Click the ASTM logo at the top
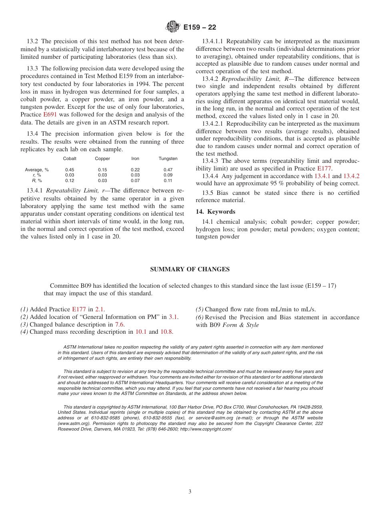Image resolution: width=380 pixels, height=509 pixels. [x=173, y=27]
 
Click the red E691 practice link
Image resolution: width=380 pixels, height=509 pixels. [x=50, y=115]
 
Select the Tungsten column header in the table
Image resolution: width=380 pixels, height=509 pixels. [x=168, y=159]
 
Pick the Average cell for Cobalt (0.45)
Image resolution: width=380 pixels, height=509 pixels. [x=70, y=170]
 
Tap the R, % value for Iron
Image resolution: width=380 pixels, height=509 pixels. [x=135, y=180]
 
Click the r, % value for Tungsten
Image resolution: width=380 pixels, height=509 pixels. [x=168, y=175]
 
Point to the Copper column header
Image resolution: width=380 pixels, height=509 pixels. [x=102, y=159]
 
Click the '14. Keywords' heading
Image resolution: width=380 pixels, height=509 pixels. [x=216, y=212]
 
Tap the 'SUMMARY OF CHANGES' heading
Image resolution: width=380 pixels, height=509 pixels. [x=190, y=269]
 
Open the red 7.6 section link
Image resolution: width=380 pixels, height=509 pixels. [x=119, y=325]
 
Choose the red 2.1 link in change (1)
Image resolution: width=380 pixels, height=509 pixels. [x=99, y=309]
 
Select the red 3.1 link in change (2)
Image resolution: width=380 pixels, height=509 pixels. [x=173, y=317]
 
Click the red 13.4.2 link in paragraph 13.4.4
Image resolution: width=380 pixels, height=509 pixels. [x=351, y=176]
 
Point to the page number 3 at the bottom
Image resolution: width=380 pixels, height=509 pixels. [x=190, y=491]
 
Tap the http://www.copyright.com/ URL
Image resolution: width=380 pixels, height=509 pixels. [x=206, y=429]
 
